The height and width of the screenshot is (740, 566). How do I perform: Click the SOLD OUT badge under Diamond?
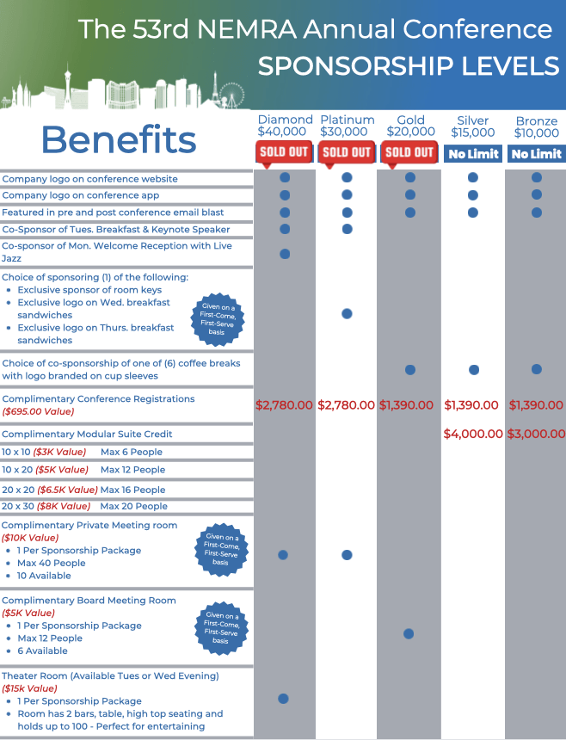tap(284, 153)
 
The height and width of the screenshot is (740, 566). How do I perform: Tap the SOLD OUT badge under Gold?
tap(409, 153)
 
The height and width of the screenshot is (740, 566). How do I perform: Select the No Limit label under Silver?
tap(472, 154)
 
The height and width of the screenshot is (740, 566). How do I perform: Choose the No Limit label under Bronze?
tap(535, 154)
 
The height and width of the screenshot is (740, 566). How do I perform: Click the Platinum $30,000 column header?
tap(347, 126)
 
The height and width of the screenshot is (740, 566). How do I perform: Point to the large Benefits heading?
tap(119, 139)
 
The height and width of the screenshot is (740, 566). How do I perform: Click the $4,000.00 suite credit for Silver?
tap(472, 434)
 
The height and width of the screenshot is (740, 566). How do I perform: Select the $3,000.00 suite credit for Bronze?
tap(535, 434)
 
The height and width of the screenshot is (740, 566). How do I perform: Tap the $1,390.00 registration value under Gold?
tap(409, 404)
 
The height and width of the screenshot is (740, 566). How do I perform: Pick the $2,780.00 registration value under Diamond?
tap(285, 404)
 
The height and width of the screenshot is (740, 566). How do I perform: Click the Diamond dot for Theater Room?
tap(283, 699)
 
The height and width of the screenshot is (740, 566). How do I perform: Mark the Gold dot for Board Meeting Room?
tap(409, 633)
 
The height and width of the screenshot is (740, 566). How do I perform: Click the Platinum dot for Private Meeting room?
tap(347, 555)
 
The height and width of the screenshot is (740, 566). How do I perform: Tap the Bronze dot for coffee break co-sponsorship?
tap(536, 369)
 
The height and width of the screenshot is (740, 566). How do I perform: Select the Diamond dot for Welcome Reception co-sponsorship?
tap(285, 254)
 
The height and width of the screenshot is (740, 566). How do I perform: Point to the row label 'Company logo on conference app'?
tap(80, 195)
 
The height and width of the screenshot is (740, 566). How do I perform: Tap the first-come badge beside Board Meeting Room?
tap(222, 628)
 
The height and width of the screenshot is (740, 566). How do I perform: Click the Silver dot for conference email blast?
tap(473, 213)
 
